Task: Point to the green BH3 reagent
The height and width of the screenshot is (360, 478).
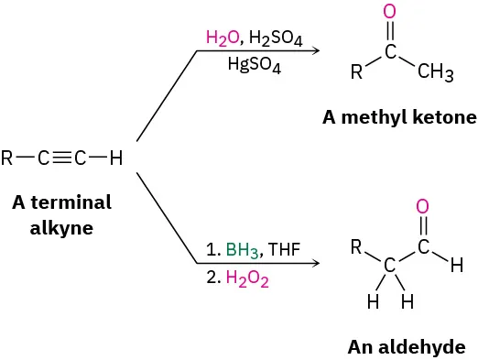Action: point(242,249)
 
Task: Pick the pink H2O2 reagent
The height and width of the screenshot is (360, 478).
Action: point(246,280)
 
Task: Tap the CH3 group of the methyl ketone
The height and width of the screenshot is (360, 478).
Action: point(435,74)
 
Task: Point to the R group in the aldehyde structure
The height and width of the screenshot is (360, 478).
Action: point(358,246)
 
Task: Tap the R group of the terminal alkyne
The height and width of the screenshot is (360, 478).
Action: point(8,158)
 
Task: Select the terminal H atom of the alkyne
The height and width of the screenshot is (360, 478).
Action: point(115,158)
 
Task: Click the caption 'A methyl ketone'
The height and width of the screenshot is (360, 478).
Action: point(399,118)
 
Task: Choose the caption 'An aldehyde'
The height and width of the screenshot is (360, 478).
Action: point(407,346)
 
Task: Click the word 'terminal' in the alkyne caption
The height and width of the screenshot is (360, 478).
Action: point(78,202)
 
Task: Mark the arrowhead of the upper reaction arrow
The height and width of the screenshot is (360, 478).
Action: point(317,50)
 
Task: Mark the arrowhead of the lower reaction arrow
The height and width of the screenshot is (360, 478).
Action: point(317,264)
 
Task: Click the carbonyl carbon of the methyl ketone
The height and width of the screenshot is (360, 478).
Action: point(391,52)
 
